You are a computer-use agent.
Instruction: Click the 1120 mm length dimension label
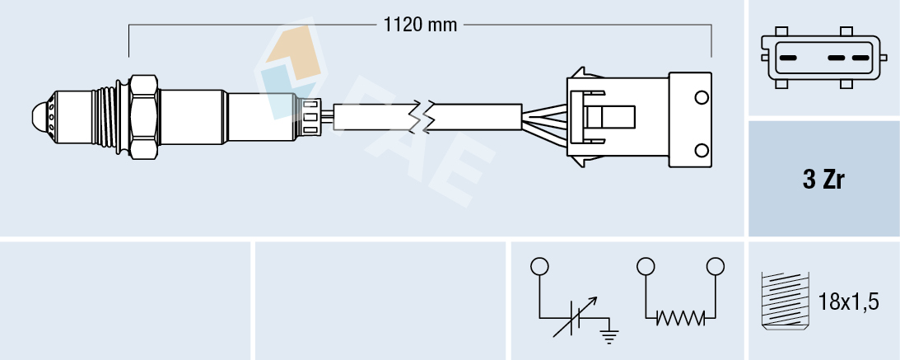click(420, 25)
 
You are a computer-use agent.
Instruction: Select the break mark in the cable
click(427, 116)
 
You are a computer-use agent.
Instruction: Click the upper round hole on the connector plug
click(702, 98)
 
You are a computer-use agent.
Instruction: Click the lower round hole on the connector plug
click(702, 150)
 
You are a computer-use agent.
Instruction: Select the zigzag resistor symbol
click(681, 317)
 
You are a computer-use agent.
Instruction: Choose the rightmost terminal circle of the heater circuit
click(716, 266)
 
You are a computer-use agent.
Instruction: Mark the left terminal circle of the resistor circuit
click(646, 266)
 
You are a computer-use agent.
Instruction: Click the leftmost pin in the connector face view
click(788, 58)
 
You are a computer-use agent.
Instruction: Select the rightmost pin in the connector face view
click(861, 58)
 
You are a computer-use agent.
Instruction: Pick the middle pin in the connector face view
click(837, 58)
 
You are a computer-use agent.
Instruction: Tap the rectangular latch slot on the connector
click(617, 115)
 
